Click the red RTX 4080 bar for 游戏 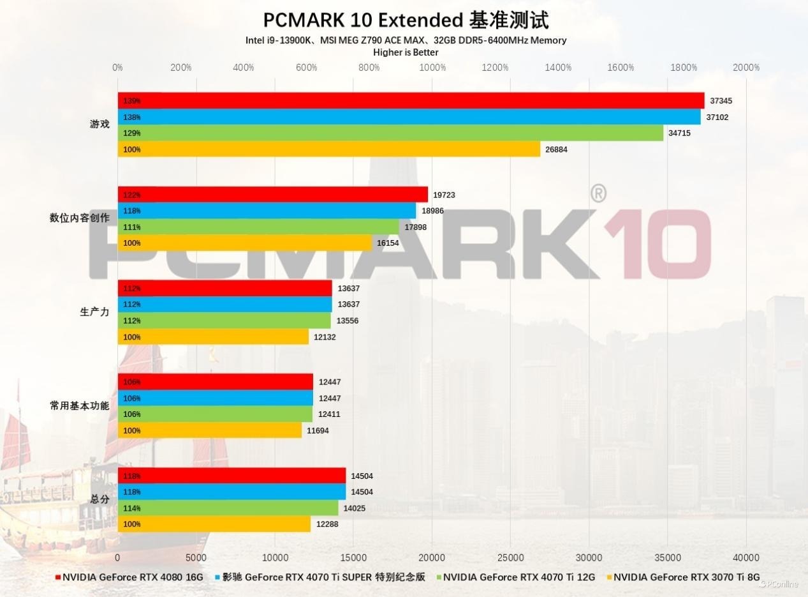[x=411, y=101]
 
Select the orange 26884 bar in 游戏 [x=328, y=149]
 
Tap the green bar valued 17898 [x=258, y=227]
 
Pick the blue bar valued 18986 [x=267, y=211]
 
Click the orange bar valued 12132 [x=213, y=337]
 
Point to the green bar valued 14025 [x=228, y=508]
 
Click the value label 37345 [x=721, y=101]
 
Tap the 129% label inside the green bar [x=132, y=133]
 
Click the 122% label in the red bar [x=132, y=195]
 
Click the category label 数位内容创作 [x=80, y=218]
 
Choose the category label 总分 [x=99, y=499]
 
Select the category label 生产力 [x=94, y=312]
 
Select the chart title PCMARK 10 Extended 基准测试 [x=406, y=20]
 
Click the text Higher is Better [x=406, y=52]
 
